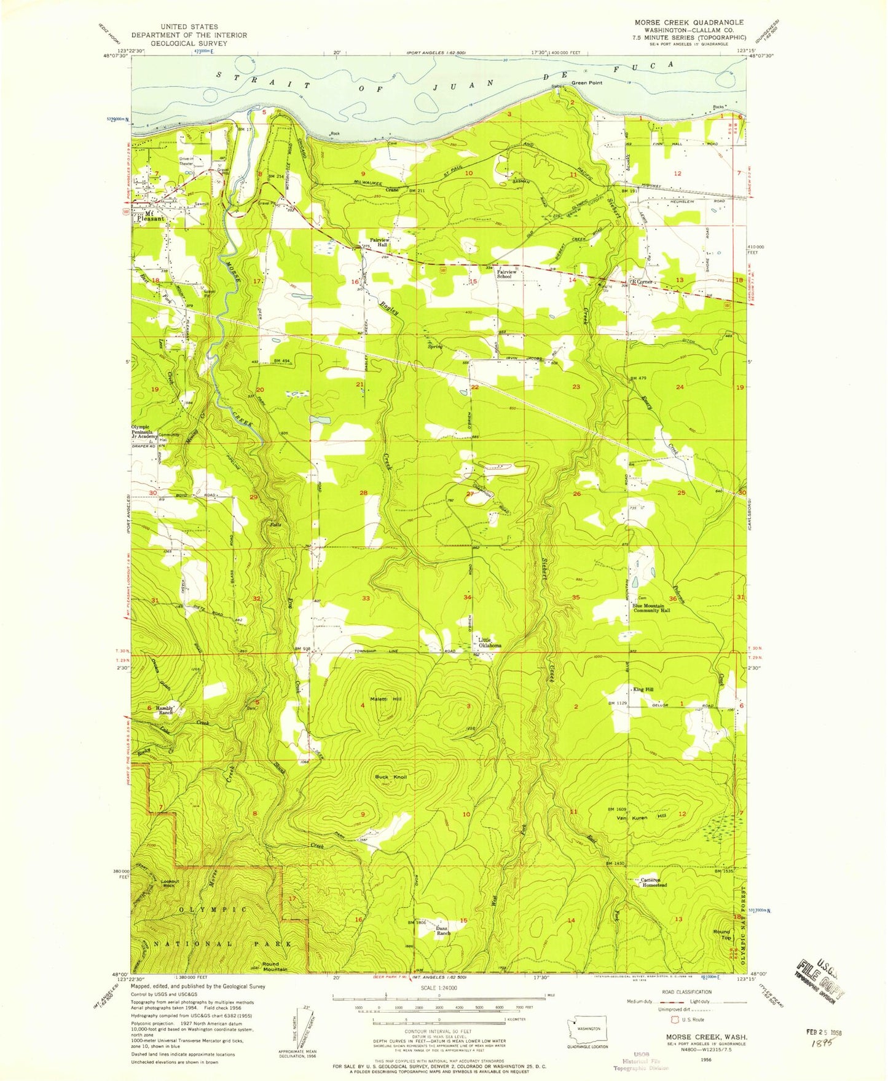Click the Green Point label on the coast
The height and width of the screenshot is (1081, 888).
pyautogui.click(x=587, y=82)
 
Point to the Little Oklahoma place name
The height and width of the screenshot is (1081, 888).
pyautogui.click(x=490, y=643)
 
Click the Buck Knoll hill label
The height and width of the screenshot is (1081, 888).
pyautogui.click(x=391, y=777)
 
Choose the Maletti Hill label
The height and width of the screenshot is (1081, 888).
pyautogui.click(x=386, y=699)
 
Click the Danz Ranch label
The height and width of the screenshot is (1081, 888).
pyautogui.click(x=443, y=930)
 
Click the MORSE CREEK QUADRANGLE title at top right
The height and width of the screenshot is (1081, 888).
pyautogui.click(x=689, y=22)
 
